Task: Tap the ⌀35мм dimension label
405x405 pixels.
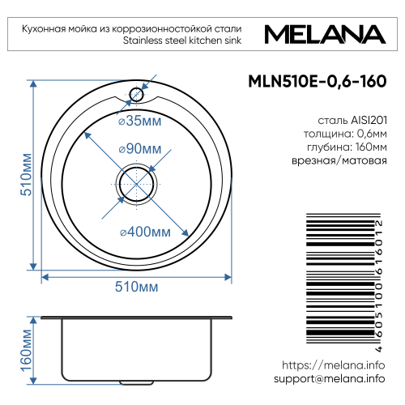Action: pos(139,122)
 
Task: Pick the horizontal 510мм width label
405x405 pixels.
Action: pos(137,288)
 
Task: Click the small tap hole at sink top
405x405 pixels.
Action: pos(136,95)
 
